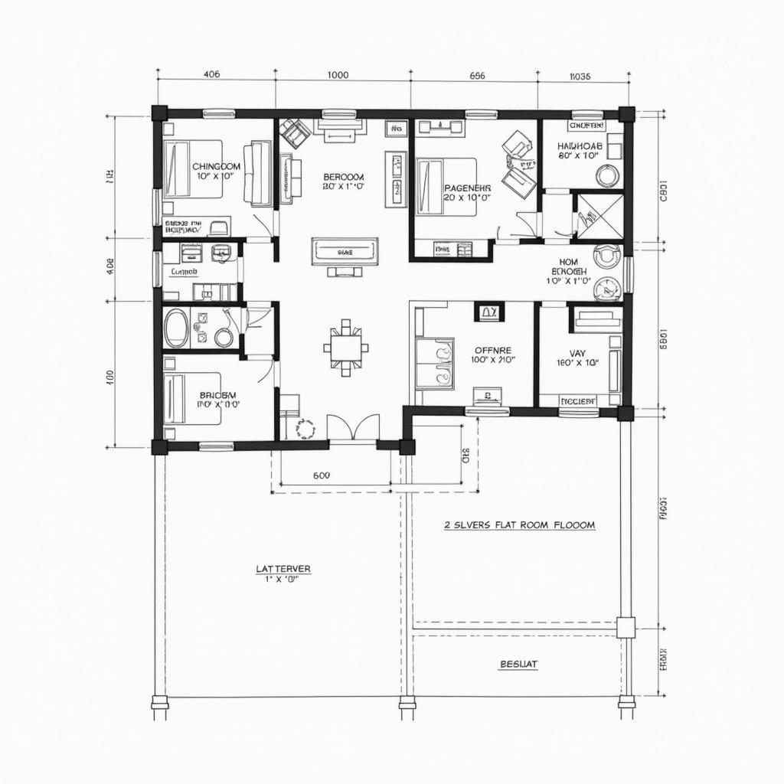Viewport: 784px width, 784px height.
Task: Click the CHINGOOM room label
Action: click(x=216, y=166)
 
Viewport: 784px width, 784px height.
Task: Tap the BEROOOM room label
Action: click(x=344, y=176)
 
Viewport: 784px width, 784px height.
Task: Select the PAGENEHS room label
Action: click(x=466, y=187)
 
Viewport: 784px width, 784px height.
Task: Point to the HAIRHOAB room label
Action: click(x=580, y=145)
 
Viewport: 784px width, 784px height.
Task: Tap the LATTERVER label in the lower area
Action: click(x=283, y=569)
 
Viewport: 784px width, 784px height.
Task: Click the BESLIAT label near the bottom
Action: click(x=518, y=665)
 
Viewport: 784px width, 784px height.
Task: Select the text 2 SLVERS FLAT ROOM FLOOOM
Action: click(x=519, y=525)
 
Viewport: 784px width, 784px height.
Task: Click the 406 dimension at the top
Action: click(x=211, y=75)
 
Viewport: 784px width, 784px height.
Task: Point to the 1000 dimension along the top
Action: click(x=338, y=75)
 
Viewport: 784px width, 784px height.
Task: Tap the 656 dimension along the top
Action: click(x=476, y=75)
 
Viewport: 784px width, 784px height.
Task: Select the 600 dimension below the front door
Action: click(x=322, y=475)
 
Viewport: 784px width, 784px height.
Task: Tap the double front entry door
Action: click(x=353, y=428)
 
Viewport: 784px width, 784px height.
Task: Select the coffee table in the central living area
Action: click(x=345, y=251)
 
